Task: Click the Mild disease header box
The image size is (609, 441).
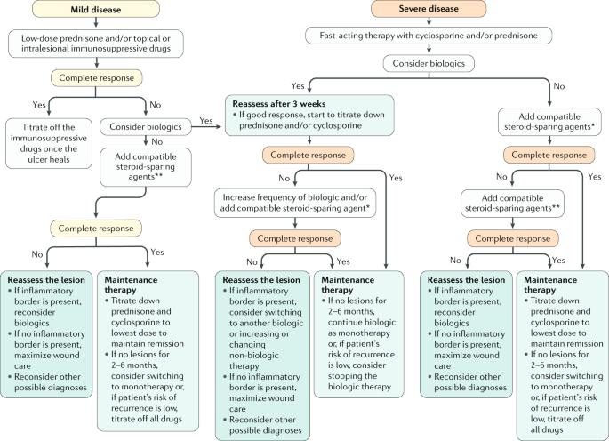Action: [96, 9]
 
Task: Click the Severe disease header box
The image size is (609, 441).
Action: [429, 9]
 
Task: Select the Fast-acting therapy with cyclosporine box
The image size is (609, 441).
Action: [429, 36]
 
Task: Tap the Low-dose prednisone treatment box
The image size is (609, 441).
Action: [96, 44]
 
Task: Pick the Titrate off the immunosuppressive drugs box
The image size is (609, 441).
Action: [49, 143]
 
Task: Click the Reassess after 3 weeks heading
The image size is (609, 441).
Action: [279, 104]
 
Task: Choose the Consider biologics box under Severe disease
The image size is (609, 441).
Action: [429, 63]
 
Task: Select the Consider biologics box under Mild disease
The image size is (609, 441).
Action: [146, 126]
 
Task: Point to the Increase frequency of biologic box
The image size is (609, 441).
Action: [295, 203]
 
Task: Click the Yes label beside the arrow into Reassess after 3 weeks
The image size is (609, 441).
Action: [206, 120]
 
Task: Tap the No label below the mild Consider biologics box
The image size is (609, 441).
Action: [156, 142]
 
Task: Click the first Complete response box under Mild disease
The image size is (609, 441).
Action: [96, 77]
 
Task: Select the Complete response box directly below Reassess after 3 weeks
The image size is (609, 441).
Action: [308, 155]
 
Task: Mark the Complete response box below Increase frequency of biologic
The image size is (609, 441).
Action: [295, 238]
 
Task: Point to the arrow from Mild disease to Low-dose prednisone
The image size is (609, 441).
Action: [96, 22]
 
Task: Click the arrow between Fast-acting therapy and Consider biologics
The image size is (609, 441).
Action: [429, 49]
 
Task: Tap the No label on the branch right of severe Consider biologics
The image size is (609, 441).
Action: [559, 86]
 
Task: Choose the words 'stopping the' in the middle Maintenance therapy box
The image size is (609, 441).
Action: [352, 376]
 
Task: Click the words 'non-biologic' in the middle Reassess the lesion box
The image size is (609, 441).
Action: [254, 355]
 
